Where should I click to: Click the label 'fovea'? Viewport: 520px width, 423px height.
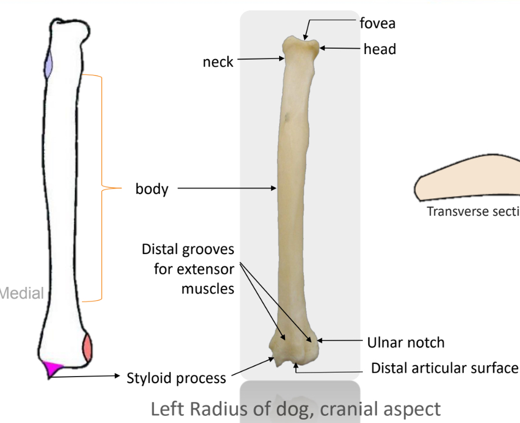[377, 23]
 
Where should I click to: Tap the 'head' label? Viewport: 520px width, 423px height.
[380, 49]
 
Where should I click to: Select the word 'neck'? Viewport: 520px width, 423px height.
[218, 62]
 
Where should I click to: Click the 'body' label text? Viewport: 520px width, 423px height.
[152, 190]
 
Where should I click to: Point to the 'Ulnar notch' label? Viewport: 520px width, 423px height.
[406, 343]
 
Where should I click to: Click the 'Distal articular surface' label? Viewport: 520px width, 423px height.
[444, 368]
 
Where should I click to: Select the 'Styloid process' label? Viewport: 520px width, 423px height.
[176, 378]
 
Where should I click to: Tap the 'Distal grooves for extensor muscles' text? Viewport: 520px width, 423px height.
[188, 269]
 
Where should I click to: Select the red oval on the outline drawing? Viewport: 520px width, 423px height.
[87, 348]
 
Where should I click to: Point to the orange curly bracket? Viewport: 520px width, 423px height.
[102, 189]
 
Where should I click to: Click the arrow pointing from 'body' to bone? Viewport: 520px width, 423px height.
[227, 189]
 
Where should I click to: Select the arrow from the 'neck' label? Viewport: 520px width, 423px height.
[259, 58]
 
